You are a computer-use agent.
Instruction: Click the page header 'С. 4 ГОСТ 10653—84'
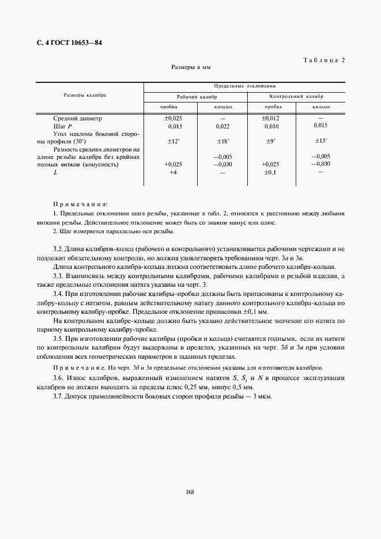coord(65,44)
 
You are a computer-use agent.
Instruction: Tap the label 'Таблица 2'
coord(323,60)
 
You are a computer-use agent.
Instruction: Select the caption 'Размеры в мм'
coord(191,67)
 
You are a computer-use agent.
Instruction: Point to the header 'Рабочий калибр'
coord(195,97)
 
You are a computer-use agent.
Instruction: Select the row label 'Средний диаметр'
coord(77,119)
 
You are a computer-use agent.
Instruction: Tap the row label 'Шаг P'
coord(62,126)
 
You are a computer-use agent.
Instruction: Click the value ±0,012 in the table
coord(270,119)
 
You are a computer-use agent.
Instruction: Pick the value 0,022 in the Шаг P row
coord(222,126)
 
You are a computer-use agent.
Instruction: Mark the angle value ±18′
coord(222,141)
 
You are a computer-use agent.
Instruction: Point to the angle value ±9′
coord(270,141)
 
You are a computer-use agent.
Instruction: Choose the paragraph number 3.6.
coord(58,377)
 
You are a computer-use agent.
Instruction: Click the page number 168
coord(190,492)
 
